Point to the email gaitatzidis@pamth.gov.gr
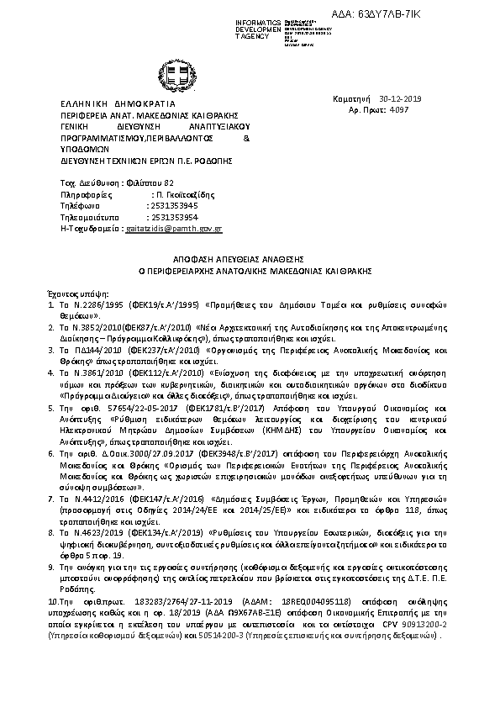(x=173, y=228)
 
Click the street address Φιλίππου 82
(x=154, y=182)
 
